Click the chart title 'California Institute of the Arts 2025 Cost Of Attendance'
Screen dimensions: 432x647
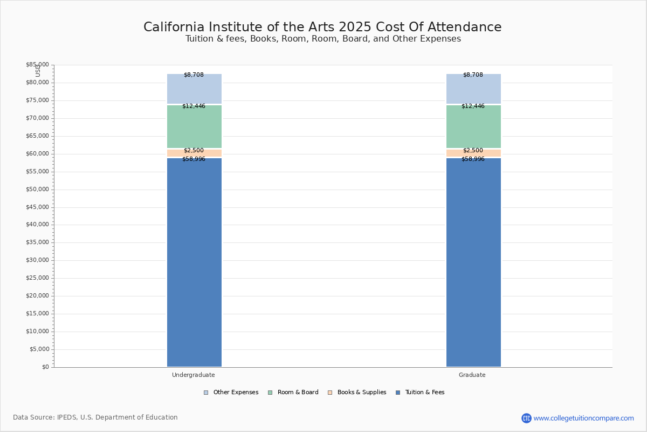322,28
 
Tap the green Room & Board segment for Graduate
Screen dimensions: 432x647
473,127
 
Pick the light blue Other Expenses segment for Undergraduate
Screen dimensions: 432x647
194,90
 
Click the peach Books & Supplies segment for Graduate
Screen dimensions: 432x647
473,153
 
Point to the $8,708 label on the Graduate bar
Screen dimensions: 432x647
473,75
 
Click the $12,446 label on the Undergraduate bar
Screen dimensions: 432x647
194,106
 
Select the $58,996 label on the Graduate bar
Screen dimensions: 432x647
473,159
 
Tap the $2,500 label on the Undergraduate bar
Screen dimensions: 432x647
194,151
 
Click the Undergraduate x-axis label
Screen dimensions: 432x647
194,375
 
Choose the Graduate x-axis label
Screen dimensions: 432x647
472,375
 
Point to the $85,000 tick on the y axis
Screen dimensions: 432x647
37,65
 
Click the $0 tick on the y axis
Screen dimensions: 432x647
45,367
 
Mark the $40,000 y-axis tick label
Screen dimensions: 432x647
37,225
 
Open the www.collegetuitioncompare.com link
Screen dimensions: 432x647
583,418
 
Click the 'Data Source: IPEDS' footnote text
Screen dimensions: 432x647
95,417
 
